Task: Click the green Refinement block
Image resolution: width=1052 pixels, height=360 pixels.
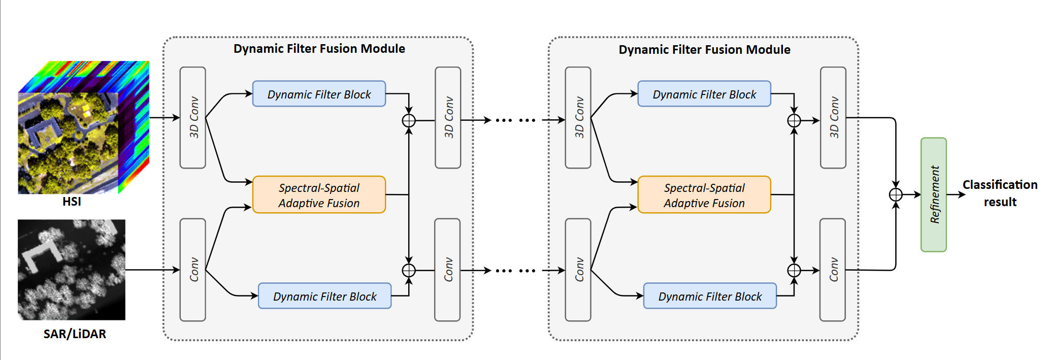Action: pyautogui.click(x=933, y=194)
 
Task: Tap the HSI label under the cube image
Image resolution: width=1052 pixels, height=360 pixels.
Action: pyautogui.click(x=72, y=202)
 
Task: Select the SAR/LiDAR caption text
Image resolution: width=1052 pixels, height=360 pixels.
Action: pyautogui.click(x=75, y=334)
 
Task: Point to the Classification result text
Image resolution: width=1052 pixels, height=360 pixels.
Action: pyautogui.click(x=1000, y=193)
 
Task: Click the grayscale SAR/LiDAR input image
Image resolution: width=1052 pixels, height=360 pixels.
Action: pyautogui.click(x=72, y=270)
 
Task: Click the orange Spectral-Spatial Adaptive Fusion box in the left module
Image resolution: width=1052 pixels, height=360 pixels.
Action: pyautogui.click(x=319, y=195)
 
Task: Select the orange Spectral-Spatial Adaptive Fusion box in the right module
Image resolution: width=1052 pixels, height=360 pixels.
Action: pyautogui.click(x=704, y=195)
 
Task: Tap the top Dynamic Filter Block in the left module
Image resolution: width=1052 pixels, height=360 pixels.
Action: pyautogui.click(x=319, y=94)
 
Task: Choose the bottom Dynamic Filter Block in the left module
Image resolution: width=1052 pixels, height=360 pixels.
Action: pyautogui.click(x=324, y=296)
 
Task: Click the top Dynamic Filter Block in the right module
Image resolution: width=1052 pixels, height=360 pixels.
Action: pyautogui.click(x=704, y=94)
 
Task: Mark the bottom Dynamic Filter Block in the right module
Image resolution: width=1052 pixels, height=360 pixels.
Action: pyautogui.click(x=709, y=296)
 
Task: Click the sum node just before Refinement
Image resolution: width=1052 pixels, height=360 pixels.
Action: pyautogui.click(x=896, y=194)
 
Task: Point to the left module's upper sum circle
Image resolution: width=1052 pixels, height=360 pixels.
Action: pyautogui.click(x=409, y=120)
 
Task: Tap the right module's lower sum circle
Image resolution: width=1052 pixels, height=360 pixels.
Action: pyautogui.click(x=794, y=270)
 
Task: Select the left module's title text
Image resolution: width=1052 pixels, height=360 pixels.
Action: pyautogui.click(x=319, y=49)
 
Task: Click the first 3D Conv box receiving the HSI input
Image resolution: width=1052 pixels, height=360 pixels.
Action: pyautogui.click(x=193, y=117)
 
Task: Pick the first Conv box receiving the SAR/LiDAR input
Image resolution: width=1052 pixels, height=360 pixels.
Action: pyautogui.click(x=193, y=270)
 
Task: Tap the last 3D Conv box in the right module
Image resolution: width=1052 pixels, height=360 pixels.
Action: pyautogui.click(x=833, y=117)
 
